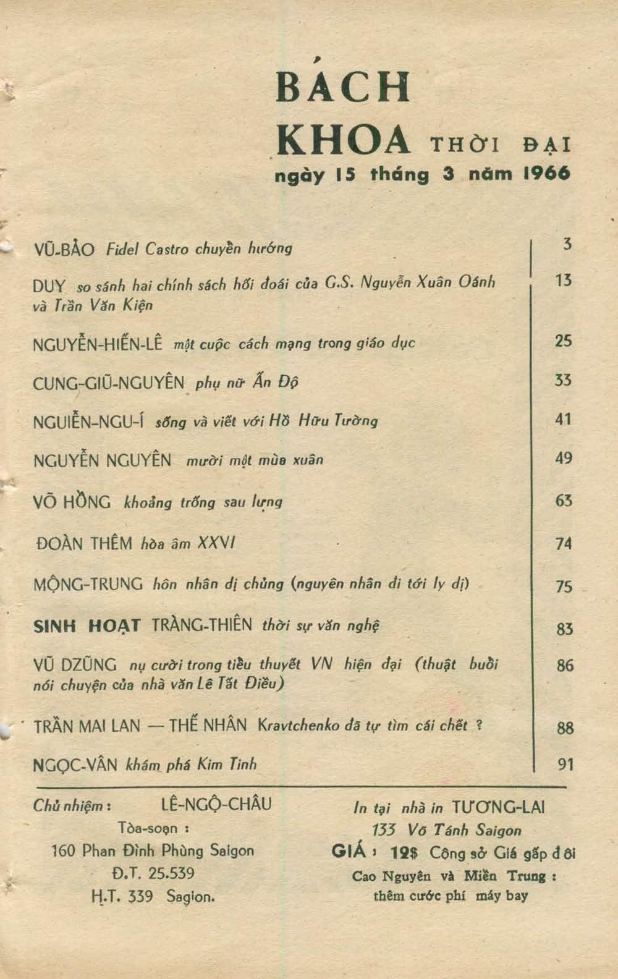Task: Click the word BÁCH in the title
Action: coord(344,87)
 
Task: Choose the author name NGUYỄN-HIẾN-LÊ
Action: coord(97,344)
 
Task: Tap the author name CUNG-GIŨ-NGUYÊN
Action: coord(109,383)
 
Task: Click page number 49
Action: coord(563,458)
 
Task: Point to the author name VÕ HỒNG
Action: coord(72,502)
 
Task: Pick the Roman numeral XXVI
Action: coord(216,543)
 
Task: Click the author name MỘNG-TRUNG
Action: coord(88,583)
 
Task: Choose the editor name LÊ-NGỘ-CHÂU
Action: coord(216,805)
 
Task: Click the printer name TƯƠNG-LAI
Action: coord(499,807)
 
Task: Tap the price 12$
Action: coord(405,853)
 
